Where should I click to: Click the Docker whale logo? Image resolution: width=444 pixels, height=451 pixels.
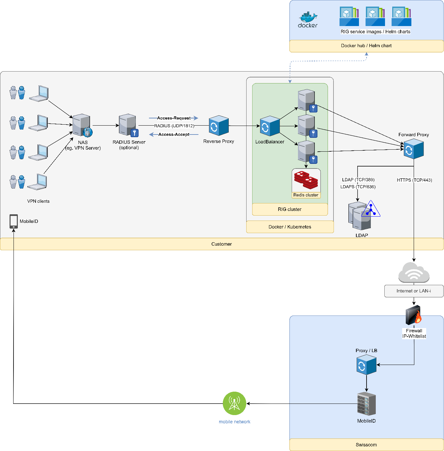pyautogui.click(x=308, y=20)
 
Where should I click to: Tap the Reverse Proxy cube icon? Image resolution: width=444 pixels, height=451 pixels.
pyautogui.click(x=219, y=126)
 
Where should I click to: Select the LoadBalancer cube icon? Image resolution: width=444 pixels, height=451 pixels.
pyautogui.click(x=270, y=126)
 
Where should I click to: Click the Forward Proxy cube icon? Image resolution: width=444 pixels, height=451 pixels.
pyautogui.click(x=413, y=149)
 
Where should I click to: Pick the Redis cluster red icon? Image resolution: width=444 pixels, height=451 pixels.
pyautogui.click(x=306, y=180)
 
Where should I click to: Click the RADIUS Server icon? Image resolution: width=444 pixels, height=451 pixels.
pyautogui.click(x=128, y=125)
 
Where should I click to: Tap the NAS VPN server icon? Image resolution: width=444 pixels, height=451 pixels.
pyautogui.click(x=82, y=126)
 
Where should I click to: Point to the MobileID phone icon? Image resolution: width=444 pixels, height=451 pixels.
pyautogui.click(x=14, y=221)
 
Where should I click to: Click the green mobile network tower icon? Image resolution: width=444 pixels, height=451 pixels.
pyautogui.click(x=234, y=403)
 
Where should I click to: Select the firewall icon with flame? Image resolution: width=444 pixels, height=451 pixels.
pyautogui.click(x=414, y=315)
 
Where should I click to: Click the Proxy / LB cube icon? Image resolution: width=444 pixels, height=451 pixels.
pyautogui.click(x=366, y=365)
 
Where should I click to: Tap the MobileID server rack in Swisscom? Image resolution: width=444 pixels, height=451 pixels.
pyautogui.click(x=366, y=404)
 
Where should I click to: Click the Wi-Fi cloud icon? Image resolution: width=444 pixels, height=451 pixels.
pyautogui.click(x=414, y=273)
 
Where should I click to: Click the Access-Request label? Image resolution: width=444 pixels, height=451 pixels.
pyautogui.click(x=174, y=118)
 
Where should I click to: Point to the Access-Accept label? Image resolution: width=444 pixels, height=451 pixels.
pyautogui.click(x=174, y=135)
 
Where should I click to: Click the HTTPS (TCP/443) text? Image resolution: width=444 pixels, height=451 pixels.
pyautogui.click(x=414, y=180)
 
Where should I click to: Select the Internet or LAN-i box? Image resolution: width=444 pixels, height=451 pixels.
pyautogui.click(x=414, y=291)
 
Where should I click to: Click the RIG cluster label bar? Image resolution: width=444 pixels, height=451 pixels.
pyautogui.click(x=290, y=209)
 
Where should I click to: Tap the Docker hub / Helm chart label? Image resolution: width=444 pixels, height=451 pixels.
pyautogui.click(x=366, y=46)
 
